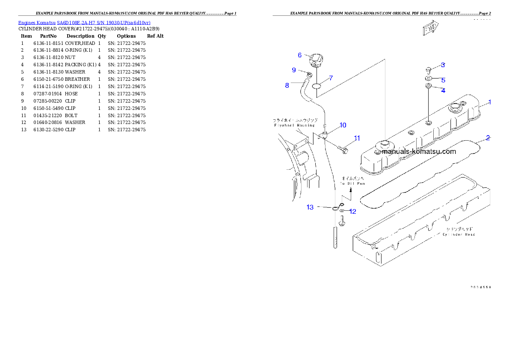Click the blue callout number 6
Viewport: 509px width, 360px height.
coord(300,55)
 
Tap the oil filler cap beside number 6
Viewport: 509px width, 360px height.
coord(316,60)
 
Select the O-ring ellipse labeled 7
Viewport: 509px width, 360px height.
coord(317,86)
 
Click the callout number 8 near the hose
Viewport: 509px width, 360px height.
coord(287,85)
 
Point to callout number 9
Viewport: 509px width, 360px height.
coord(293,70)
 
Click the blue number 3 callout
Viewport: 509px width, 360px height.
coord(443,65)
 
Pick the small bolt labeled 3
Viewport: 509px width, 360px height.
coord(428,69)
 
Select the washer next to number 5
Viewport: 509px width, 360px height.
coord(428,79)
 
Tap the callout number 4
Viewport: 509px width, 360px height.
coord(443,91)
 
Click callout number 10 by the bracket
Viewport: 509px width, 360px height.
coord(343,125)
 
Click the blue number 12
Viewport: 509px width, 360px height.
coord(352,211)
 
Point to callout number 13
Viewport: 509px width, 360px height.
coord(310,207)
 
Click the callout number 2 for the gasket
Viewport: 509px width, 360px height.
coord(488,138)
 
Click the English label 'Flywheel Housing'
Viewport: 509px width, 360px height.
coord(294,125)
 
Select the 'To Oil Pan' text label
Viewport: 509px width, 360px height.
coord(353,183)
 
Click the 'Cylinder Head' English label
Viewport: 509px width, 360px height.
coord(459,234)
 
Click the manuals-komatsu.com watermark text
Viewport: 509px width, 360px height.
coord(419,151)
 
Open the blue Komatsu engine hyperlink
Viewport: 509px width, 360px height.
coord(84,22)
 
